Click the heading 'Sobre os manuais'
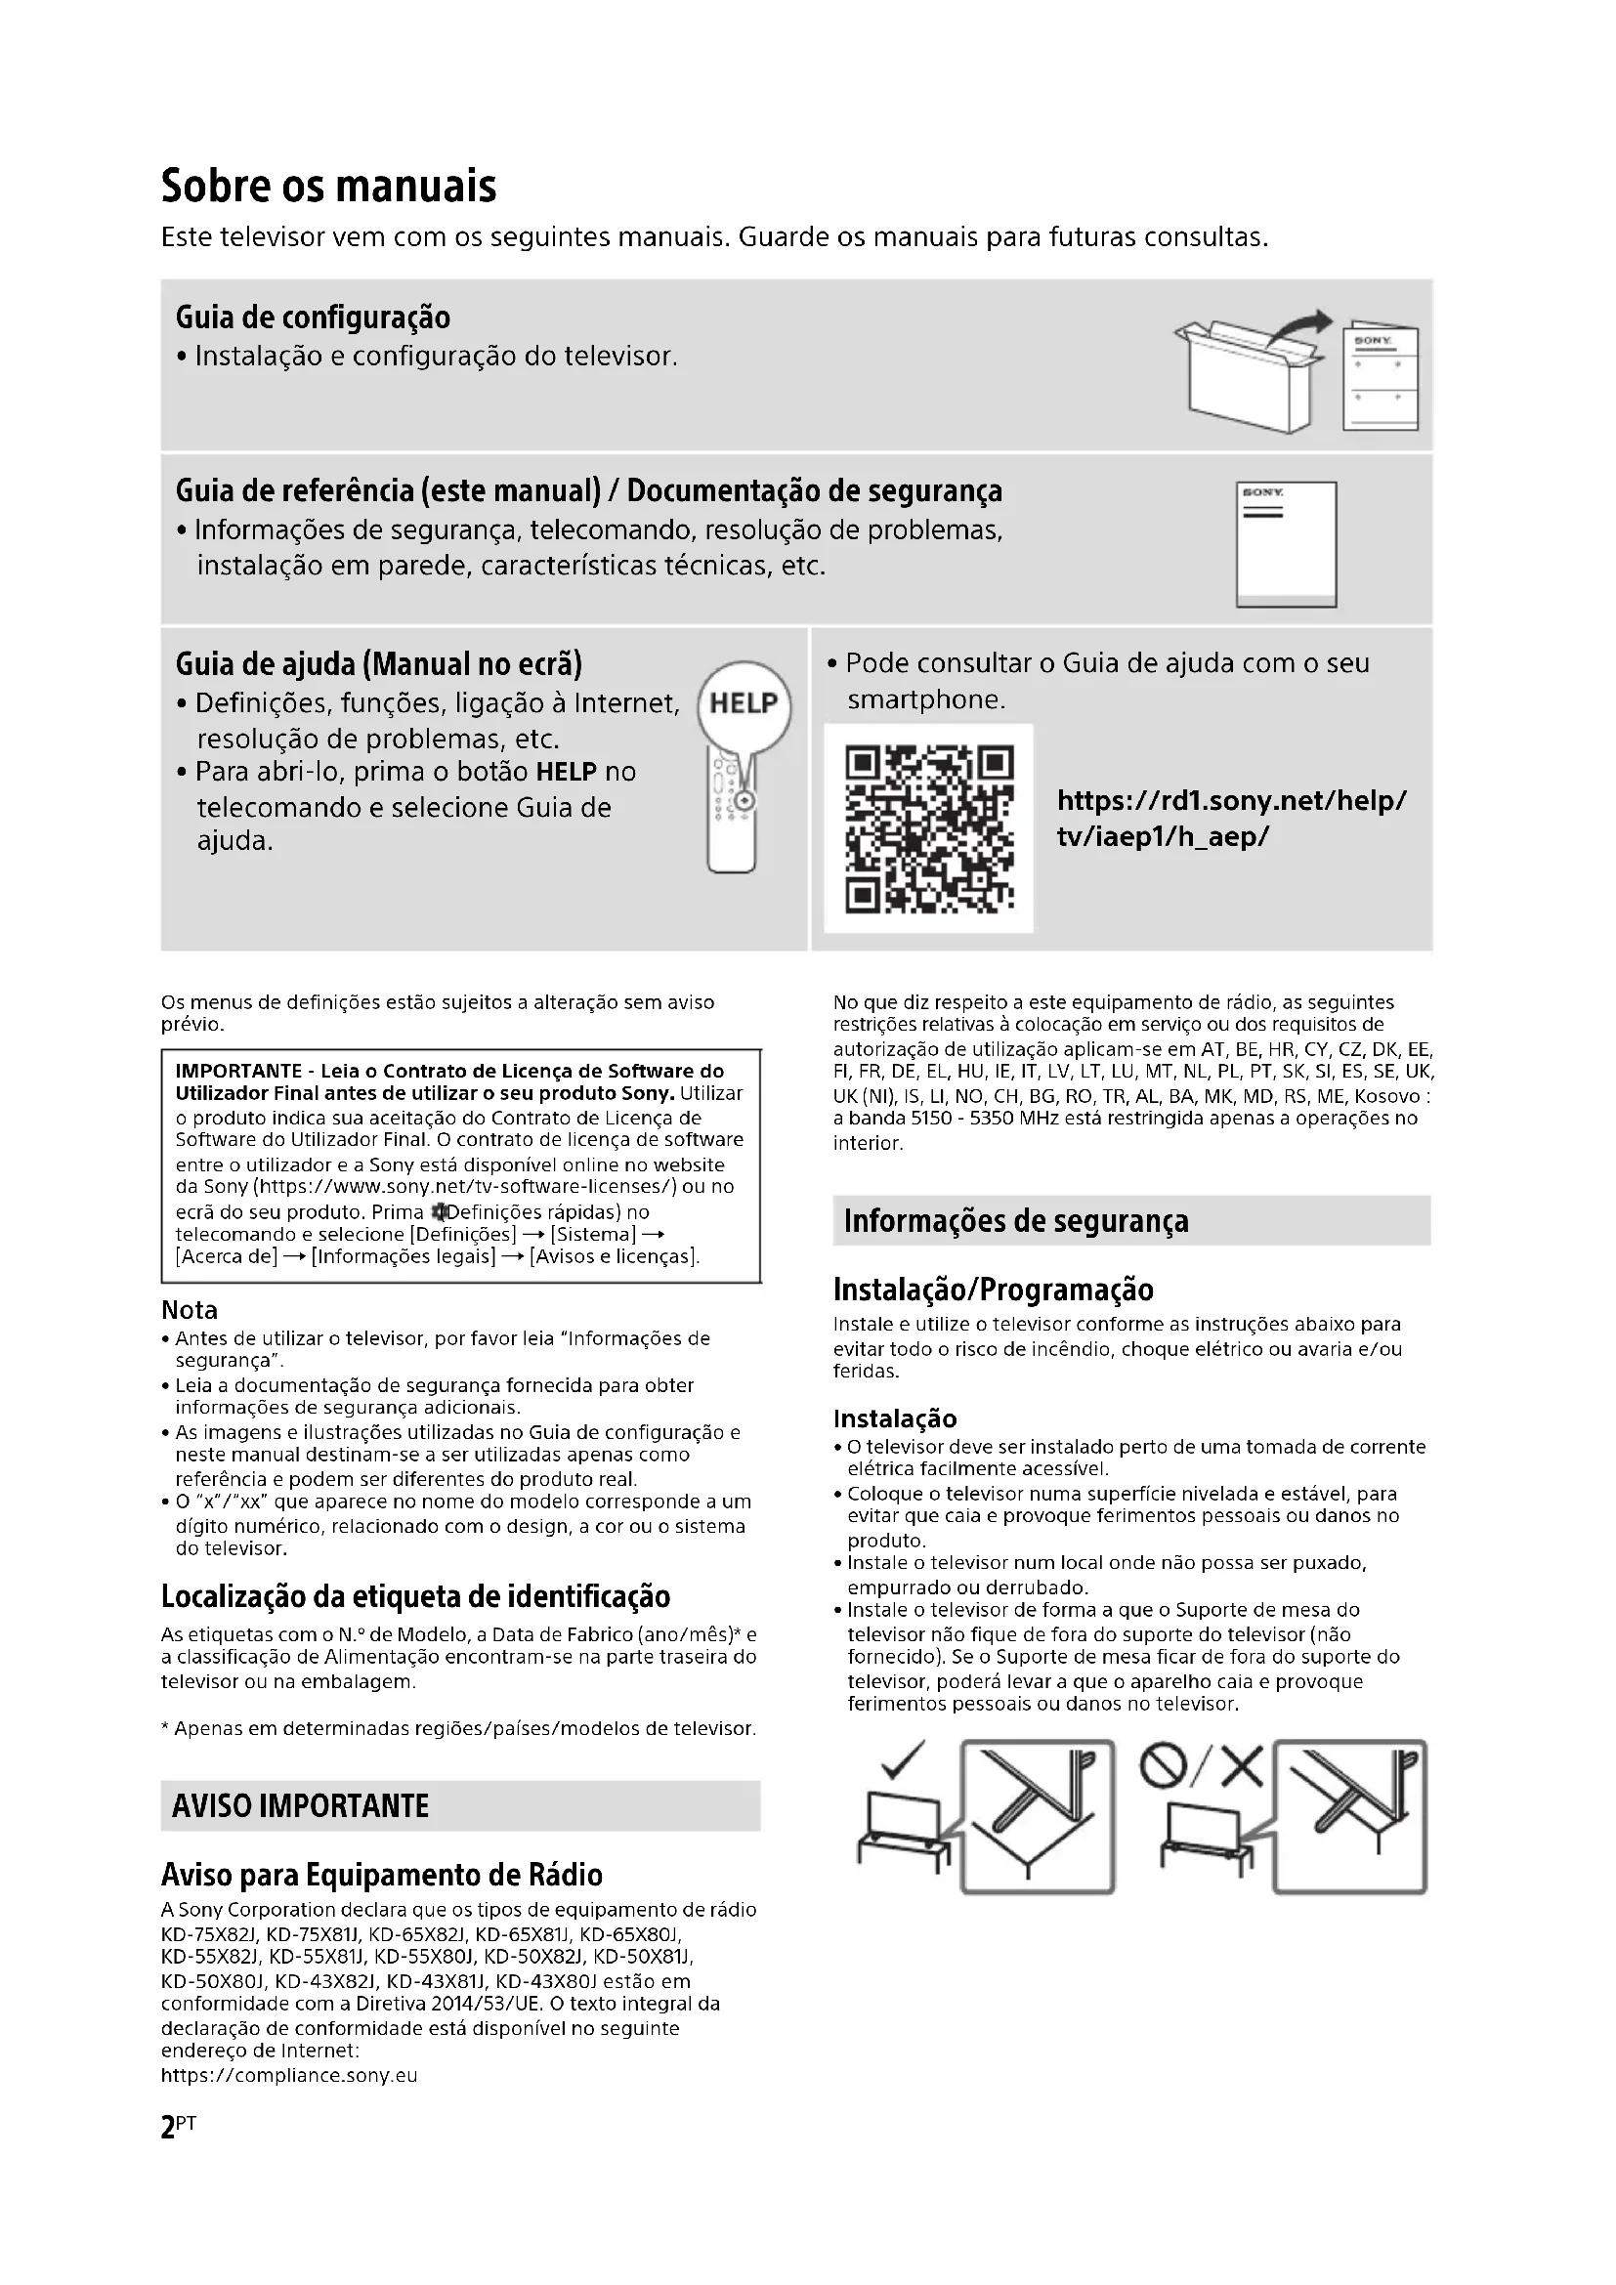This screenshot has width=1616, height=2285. click(328, 187)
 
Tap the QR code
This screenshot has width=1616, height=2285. click(928, 828)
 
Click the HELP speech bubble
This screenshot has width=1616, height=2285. click(744, 703)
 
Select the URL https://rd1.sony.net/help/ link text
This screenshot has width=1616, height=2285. click(1231, 800)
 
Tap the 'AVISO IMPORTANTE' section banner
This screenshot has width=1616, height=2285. click(300, 1806)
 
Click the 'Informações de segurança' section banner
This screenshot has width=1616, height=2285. click(1016, 1221)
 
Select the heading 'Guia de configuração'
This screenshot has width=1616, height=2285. click(313, 317)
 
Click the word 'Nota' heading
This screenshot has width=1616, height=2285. click(190, 1311)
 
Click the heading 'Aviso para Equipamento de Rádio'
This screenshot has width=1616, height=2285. click(382, 1875)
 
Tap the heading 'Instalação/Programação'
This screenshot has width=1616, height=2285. click(993, 1290)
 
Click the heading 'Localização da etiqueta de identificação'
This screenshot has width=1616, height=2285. click(416, 1597)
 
